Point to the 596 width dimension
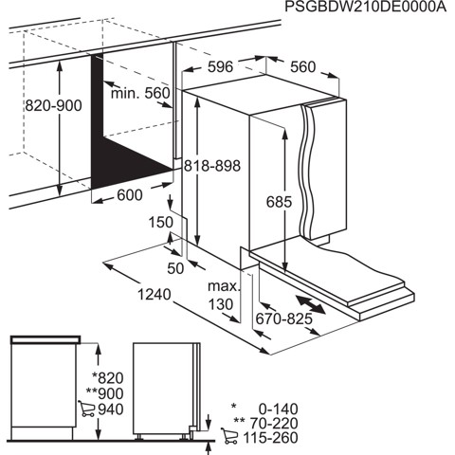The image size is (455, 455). tap(221, 67)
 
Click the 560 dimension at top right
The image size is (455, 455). tap(302, 67)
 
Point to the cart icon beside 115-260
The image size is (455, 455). tap(227, 437)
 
